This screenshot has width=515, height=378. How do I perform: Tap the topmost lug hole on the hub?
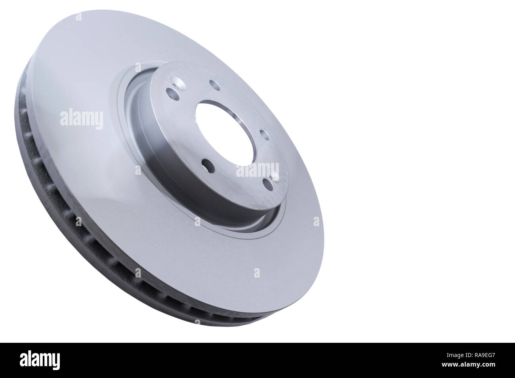[x=214, y=84]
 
